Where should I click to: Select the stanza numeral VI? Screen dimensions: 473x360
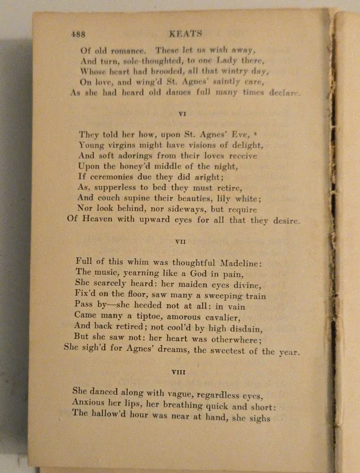click(x=182, y=114)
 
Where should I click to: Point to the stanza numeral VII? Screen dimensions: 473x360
click(x=180, y=242)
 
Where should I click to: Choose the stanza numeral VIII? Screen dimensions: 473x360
click(x=179, y=372)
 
